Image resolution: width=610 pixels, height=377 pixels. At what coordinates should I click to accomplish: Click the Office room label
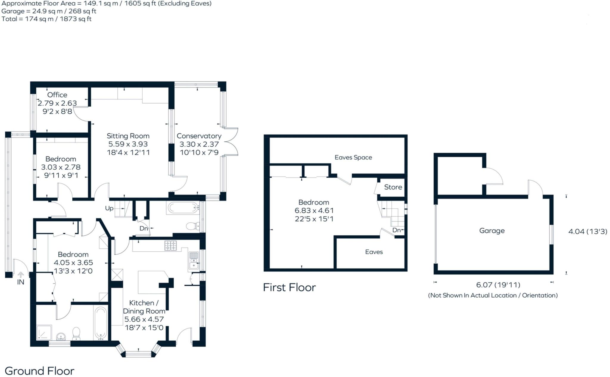57,95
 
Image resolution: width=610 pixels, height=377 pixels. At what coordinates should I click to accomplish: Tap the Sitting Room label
128,136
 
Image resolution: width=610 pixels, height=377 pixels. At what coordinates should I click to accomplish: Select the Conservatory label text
199,136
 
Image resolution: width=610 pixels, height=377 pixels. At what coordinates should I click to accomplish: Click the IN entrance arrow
21,275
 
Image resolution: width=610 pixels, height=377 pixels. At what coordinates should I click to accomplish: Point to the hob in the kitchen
171,245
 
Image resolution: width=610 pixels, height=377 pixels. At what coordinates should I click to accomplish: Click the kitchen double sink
194,260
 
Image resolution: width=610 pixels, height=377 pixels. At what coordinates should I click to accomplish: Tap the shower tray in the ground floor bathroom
44,333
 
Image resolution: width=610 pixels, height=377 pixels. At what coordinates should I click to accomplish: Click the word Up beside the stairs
109,208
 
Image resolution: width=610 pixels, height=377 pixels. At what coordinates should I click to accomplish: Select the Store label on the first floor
393,187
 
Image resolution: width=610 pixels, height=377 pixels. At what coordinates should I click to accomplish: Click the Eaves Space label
353,157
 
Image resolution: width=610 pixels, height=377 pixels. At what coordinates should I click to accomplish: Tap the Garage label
492,231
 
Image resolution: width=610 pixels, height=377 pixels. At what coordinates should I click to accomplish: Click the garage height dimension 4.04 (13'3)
588,231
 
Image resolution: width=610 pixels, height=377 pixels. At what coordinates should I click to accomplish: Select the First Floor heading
289,287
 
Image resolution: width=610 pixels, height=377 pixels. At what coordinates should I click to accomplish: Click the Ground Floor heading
40,371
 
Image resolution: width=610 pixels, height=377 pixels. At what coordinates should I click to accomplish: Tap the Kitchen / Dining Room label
144,307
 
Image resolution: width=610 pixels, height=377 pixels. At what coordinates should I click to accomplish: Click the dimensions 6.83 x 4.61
314,211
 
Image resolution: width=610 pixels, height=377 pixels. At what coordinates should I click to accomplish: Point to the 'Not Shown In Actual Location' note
493,295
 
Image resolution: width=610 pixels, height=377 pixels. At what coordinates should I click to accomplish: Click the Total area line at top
46,19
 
